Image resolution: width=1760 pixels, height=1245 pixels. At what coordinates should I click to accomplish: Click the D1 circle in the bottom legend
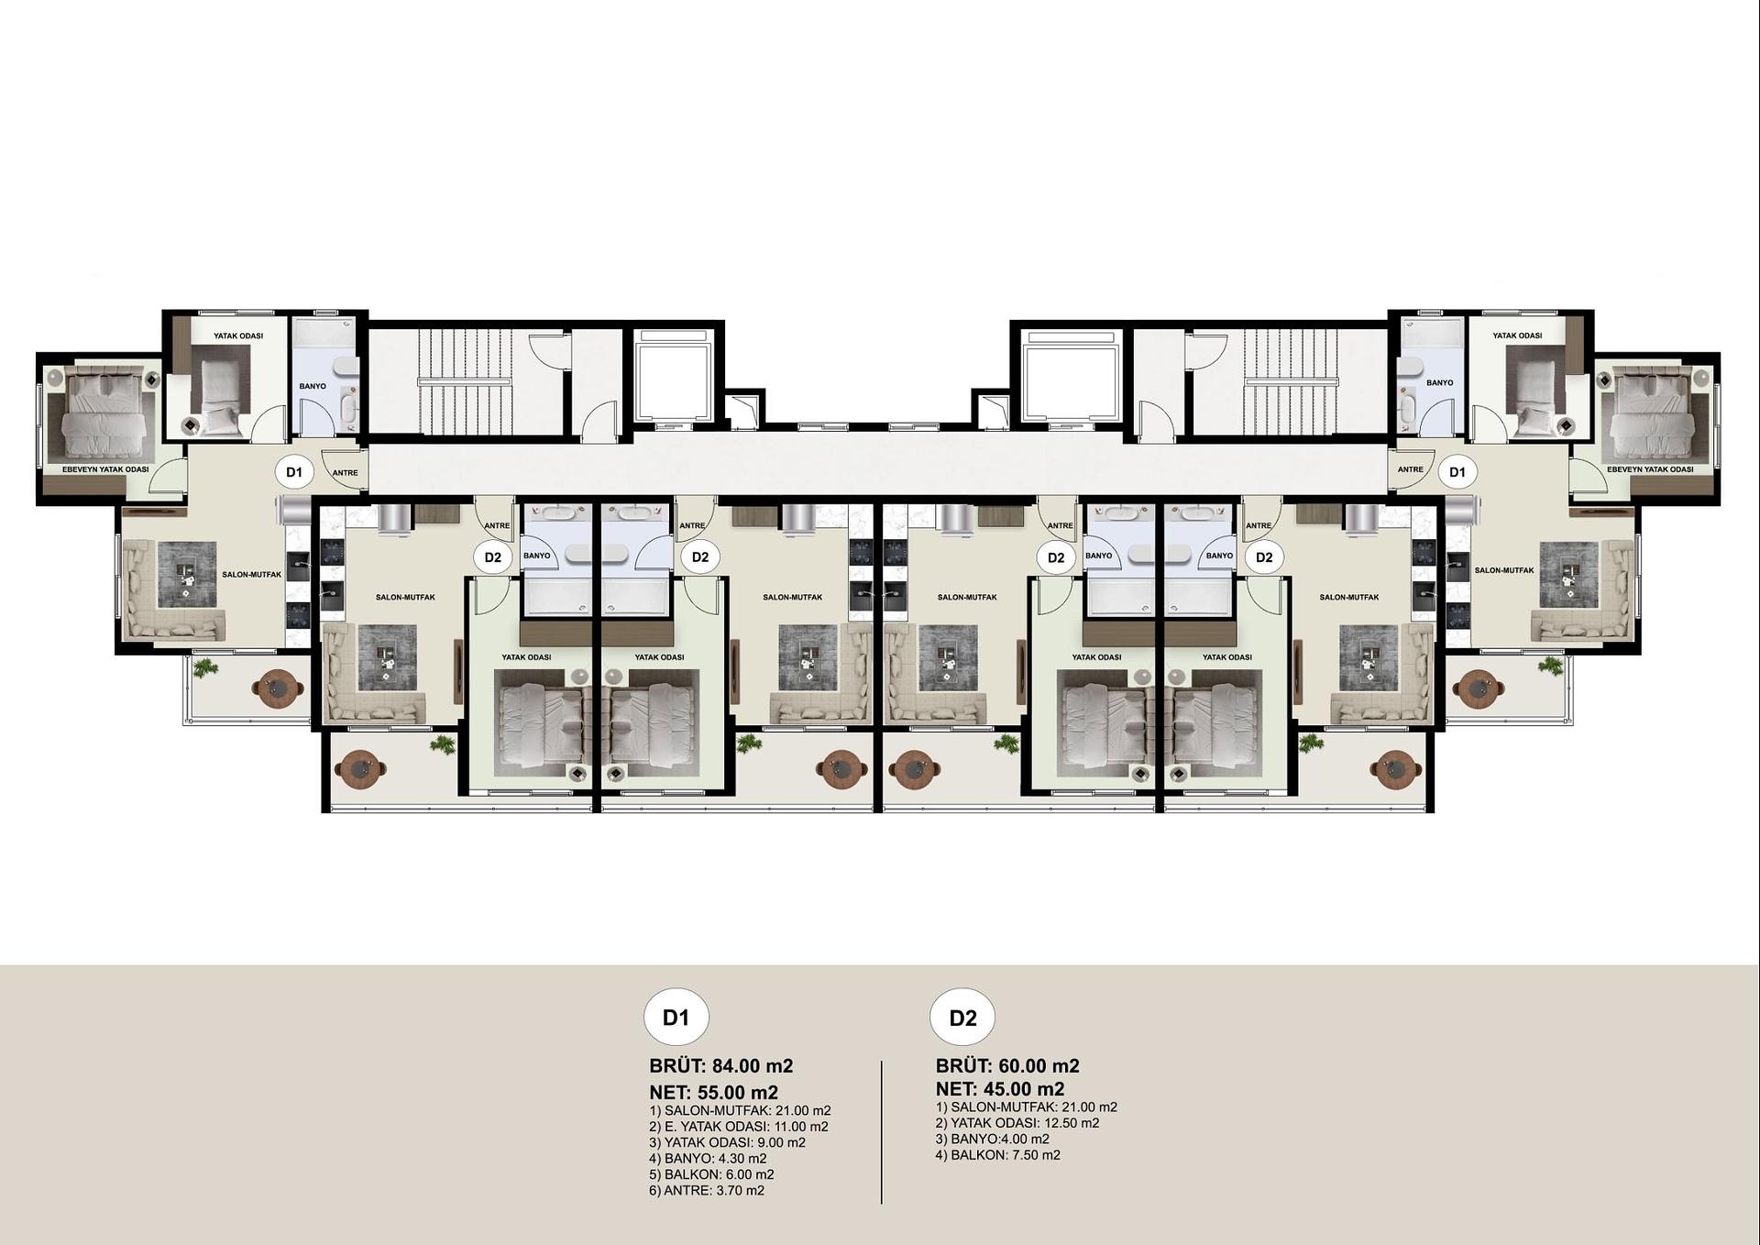coord(676,1018)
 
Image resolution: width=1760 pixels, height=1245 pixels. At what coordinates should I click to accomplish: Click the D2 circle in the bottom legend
coord(962,1018)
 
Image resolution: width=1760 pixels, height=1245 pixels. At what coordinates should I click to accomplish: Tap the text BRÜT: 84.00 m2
coord(720,1066)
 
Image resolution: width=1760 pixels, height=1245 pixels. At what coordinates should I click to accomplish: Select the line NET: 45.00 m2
coord(999,1089)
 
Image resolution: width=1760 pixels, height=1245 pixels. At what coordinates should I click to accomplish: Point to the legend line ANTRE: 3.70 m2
coord(706,1191)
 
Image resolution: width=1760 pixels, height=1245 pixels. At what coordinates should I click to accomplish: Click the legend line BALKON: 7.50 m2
coord(997,1155)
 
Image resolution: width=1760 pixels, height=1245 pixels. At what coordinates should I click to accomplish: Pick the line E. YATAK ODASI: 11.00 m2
coord(738,1127)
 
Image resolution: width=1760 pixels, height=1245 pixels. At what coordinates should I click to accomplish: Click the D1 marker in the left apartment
coord(293,472)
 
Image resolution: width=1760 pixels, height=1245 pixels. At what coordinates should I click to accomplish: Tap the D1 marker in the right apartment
coord(1457,472)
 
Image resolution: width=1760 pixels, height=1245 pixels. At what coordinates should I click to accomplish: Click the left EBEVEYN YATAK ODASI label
coord(105,469)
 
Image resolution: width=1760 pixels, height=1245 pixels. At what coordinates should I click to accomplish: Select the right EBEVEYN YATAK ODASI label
coord(1650,469)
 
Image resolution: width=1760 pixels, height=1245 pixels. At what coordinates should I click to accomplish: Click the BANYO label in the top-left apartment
coord(313,386)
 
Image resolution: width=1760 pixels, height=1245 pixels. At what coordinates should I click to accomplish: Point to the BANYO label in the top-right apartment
coord(1439,382)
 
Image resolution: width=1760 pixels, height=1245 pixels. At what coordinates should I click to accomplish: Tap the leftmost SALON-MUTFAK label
coord(252,575)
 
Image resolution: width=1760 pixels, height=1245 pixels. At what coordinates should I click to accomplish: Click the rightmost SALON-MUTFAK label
coord(1504,570)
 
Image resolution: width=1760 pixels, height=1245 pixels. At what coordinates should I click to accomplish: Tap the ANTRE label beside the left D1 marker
coord(345,473)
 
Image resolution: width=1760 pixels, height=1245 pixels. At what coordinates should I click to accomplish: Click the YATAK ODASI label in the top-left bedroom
coord(238,336)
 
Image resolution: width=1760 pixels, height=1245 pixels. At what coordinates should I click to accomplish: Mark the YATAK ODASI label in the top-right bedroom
coord(1517,336)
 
